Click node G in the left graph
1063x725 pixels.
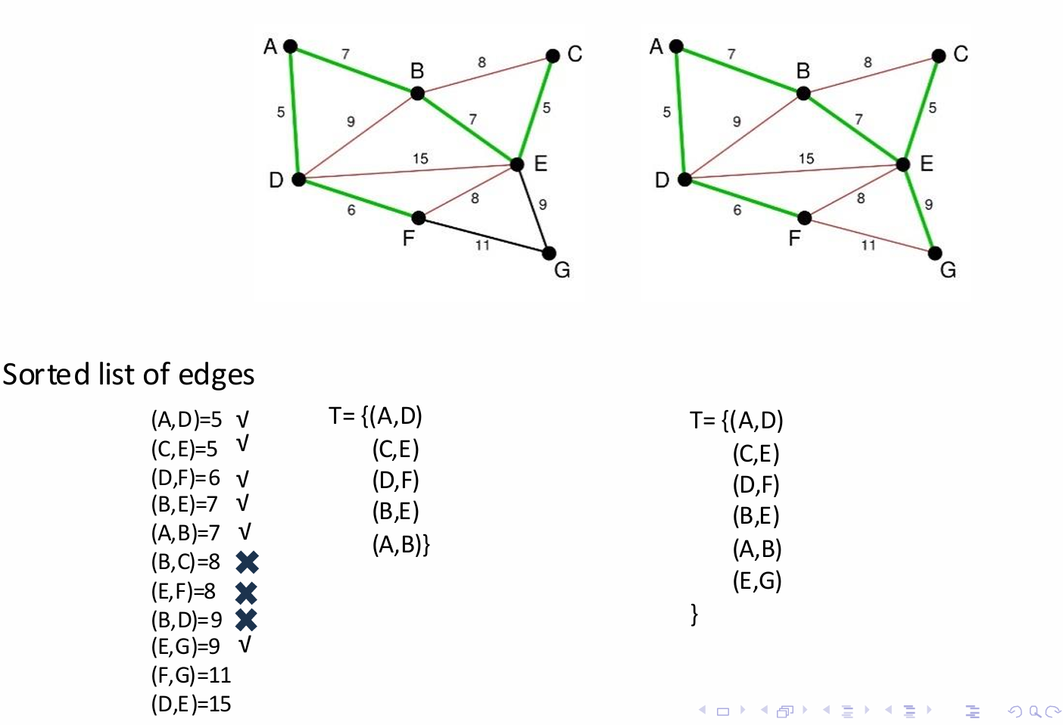click(x=549, y=254)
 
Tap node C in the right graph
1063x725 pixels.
click(x=939, y=56)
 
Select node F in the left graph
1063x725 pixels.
click(x=419, y=218)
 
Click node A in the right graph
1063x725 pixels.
click(x=676, y=46)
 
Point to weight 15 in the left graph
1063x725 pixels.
click(x=420, y=158)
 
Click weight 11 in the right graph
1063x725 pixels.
click(x=868, y=245)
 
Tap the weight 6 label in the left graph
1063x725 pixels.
click(x=351, y=210)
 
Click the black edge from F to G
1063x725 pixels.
click(x=485, y=235)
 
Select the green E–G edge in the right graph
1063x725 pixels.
click(x=919, y=209)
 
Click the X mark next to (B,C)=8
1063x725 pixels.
click(x=247, y=562)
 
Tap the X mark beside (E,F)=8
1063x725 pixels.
click(x=246, y=592)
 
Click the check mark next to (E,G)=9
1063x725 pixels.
click(x=244, y=646)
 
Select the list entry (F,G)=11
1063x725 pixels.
click(x=191, y=675)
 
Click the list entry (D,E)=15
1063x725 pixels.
click(x=191, y=704)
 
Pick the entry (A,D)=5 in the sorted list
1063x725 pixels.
click(x=186, y=419)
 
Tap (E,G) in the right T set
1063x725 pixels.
click(x=757, y=581)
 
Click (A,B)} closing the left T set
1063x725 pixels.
click(x=401, y=545)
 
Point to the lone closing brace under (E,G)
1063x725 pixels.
click(x=694, y=614)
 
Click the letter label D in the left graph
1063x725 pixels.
click(x=276, y=180)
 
